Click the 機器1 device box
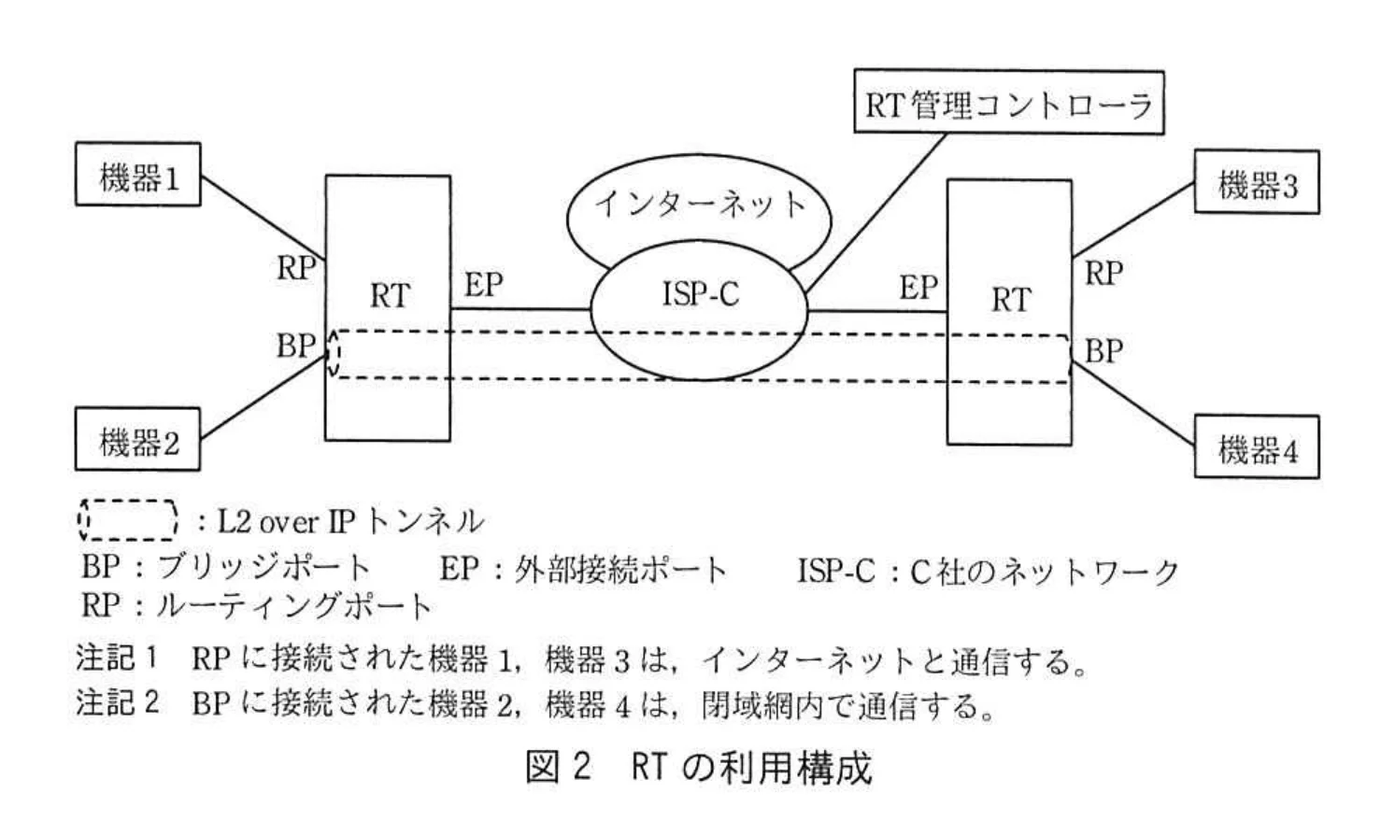(137, 175)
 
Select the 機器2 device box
(137, 439)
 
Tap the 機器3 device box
(1257, 183)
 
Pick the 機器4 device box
(1257, 448)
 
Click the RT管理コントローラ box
(1009, 104)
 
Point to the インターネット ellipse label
(699, 203)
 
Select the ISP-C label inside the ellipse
(700, 294)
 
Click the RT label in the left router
(389, 296)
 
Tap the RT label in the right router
(1010, 300)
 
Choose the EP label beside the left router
(483, 285)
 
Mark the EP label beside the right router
(918, 288)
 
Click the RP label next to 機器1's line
(296, 269)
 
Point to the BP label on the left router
(295, 347)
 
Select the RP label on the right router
(1103, 274)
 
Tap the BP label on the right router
(1103, 351)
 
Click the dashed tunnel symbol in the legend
(127, 520)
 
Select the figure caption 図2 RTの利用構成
(698, 767)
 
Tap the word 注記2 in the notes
(118, 702)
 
